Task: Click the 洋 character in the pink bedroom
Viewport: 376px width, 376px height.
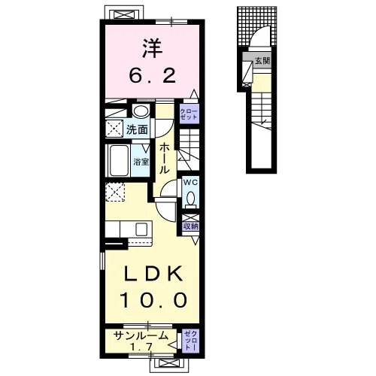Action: pyautogui.click(x=153, y=49)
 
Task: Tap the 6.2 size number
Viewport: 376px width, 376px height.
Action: pyautogui.click(x=152, y=75)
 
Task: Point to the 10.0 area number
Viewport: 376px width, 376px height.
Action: pyautogui.click(x=153, y=300)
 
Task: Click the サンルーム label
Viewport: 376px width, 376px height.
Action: pyautogui.click(x=141, y=335)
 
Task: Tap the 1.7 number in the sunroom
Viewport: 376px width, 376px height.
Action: pyautogui.click(x=141, y=347)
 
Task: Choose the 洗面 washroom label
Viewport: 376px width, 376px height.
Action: pyautogui.click(x=137, y=129)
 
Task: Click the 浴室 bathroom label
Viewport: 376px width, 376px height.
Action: pyautogui.click(x=141, y=162)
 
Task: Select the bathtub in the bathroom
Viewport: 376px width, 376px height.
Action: pyautogui.click(x=118, y=160)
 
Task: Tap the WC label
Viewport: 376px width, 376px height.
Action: pyautogui.click(x=190, y=182)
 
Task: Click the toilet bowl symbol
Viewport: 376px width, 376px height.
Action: pyautogui.click(x=191, y=199)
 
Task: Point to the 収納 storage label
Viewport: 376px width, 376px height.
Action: pyautogui.click(x=191, y=226)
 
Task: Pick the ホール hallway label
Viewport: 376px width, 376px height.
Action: pyautogui.click(x=163, y=159)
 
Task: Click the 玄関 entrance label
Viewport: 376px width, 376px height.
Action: pyautogui.click(x=262, y=61)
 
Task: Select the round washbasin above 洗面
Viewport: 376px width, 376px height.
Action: pyautogui.click(x=141, y=111)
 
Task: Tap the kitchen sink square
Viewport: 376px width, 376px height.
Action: pyautogui.click(x=141, y=229)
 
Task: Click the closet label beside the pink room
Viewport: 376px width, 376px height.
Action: pyautogui.click(x=189, y=114)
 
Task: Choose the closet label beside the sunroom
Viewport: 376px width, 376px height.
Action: pyautogui.click(x=191, y=341)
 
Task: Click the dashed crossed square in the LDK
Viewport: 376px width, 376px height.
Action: pyautogui.click(x=115, y=192)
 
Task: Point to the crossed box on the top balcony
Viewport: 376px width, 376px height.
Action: pyautogui.click(x=124, y=15)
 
